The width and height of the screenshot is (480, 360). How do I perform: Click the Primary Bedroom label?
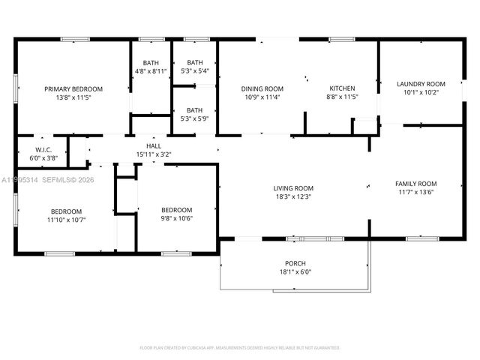tap(73, 88)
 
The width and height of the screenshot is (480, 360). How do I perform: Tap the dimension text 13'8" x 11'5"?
tap(73, 97)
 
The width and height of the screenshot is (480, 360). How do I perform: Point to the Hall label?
tap(154, 146)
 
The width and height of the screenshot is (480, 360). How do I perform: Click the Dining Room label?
tap(262, 88)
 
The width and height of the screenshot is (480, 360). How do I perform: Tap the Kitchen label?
tap(342, 88)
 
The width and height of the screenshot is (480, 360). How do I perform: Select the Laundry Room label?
tap(421, 84)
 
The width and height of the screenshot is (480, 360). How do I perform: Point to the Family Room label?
tap(416, 184)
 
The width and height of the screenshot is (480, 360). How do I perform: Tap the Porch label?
tap(295, 263)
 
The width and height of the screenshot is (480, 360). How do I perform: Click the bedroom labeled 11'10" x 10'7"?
tap(66, 211)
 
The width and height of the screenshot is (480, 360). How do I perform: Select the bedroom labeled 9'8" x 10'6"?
tap(177, 210)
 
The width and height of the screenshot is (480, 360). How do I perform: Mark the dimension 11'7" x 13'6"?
tap(416, 192)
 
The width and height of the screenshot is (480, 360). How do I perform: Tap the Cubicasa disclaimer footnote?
tap(240, 347)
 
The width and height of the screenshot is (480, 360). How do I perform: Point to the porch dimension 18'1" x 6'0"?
tap(295, 271)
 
